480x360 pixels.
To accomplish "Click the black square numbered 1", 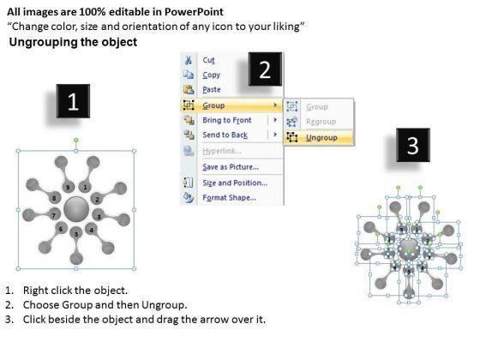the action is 73,101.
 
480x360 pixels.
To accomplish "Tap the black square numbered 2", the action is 265,69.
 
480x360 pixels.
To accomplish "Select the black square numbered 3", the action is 413,145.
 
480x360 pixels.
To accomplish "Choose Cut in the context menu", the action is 208,60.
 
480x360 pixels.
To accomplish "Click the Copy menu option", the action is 211,75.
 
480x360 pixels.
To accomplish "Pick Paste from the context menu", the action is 212,90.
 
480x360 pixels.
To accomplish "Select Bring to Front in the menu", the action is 227,120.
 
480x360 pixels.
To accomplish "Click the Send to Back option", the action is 225,135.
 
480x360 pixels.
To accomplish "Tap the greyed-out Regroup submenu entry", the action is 321,122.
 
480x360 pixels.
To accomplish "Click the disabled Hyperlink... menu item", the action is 222,151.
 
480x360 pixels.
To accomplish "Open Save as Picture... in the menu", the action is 231,167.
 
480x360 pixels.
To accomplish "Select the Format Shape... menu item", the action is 230,198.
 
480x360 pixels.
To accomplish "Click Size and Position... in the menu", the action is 235,183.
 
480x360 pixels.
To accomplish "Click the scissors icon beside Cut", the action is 189,60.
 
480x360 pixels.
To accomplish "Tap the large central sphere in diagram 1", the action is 76,210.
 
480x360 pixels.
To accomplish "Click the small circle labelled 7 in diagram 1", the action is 54,215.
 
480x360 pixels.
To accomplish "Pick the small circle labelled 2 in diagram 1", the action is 97,199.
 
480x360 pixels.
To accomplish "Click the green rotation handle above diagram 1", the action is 76,141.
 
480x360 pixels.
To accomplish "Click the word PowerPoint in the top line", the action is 194,12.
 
